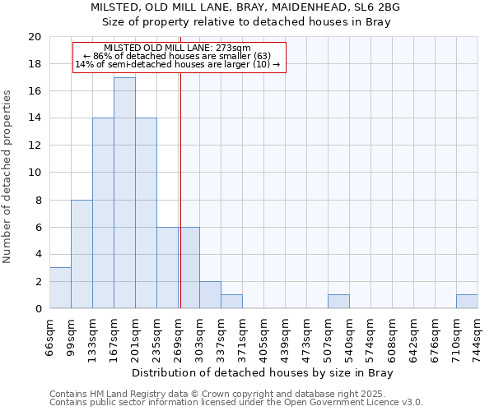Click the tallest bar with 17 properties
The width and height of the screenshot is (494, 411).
point(124,193)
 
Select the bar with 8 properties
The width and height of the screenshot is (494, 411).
point(82,254)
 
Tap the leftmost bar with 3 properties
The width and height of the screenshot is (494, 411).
point(60,288)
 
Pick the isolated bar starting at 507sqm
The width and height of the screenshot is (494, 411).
point(338,302)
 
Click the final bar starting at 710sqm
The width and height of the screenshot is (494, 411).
point(467,302)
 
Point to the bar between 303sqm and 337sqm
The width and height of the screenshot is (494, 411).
point(210,295)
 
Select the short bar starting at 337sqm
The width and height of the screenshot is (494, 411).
point(231,302)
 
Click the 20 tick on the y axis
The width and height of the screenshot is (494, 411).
point(35,37)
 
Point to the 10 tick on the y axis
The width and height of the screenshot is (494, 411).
point(35,173)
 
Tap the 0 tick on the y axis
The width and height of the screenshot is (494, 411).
point(38,309)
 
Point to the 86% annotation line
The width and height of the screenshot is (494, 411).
point(179,56)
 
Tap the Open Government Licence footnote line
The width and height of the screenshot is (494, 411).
point(236,403)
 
